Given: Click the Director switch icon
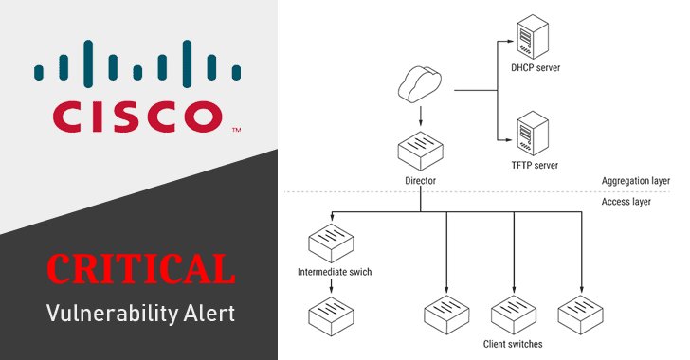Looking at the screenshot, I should point(419,151).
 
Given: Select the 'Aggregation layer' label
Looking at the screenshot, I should point(635,180).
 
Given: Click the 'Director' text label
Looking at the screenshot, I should point(419,180).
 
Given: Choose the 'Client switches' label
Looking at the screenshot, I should point(513,344).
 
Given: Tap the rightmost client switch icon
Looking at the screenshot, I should point(579,313).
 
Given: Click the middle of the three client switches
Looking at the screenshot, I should point(513,313).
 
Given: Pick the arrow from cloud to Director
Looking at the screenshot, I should point(419,117).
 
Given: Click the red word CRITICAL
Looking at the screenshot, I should point(140,269).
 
